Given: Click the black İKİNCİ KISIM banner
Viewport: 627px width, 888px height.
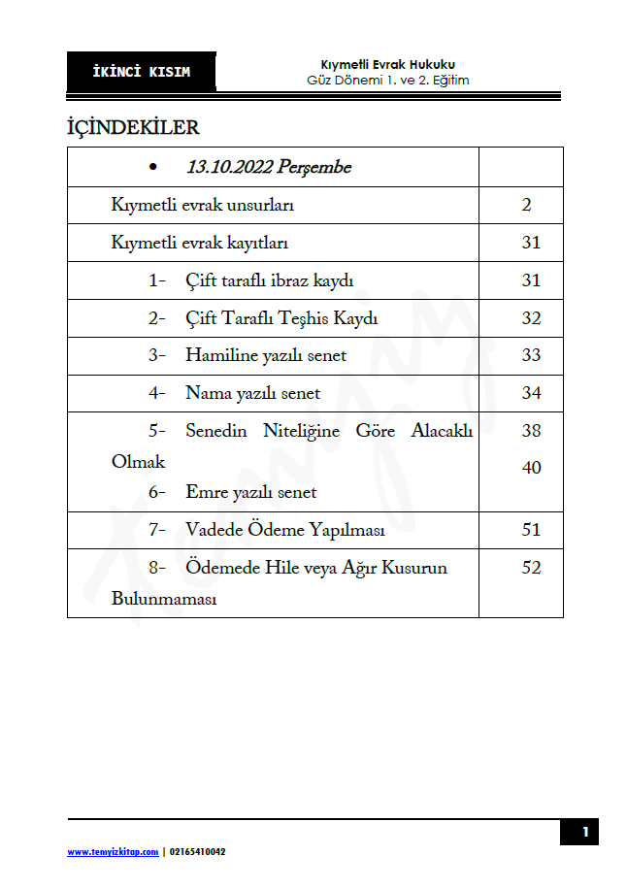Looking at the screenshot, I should pos(142,72).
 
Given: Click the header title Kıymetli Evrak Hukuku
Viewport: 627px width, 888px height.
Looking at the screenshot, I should pos(387,64).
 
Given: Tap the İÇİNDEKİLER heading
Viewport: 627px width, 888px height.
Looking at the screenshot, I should pos(133,127).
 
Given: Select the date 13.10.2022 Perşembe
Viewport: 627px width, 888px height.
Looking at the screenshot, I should pos(269,167).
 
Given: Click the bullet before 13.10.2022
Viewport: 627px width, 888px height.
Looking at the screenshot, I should pos(154,168).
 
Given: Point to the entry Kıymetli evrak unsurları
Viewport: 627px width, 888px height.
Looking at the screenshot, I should pos(203,206).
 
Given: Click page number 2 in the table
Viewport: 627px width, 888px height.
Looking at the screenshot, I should pos(526,206).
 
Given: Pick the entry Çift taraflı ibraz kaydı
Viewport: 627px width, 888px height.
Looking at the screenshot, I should pos(270,280).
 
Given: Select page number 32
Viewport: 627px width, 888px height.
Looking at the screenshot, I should pos(531,318).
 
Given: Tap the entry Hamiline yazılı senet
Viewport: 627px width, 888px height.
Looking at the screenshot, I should pos(266,355).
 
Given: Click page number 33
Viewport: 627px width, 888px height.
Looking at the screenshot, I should pos(531,355).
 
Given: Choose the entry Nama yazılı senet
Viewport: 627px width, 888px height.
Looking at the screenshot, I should pos(252,393).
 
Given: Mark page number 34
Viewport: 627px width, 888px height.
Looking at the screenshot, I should pos(531,393).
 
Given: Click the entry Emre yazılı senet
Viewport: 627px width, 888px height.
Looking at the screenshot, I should pos(251,492).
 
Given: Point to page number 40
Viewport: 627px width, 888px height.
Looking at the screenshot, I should pos(531,468).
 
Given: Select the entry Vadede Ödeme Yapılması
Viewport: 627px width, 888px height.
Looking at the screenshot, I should pos(285,530).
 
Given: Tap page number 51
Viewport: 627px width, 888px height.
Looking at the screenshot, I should pos(531,530).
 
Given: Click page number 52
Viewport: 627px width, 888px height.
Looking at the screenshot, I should pos(531,568).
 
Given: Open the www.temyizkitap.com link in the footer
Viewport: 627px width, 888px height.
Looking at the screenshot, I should pos(113,852).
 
